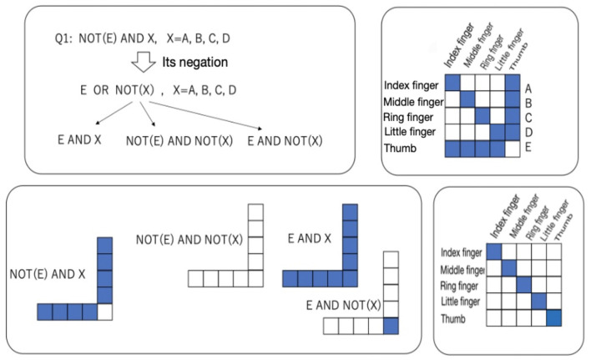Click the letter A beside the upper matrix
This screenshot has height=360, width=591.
[x=528, y=85]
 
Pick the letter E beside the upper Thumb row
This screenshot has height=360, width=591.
[x=528, y=148]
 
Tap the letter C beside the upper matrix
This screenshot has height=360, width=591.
[x=528, y=117]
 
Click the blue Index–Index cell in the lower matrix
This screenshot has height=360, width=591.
[x=494, y=252]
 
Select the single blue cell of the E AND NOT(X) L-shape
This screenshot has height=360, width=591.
[x=390, y=326]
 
